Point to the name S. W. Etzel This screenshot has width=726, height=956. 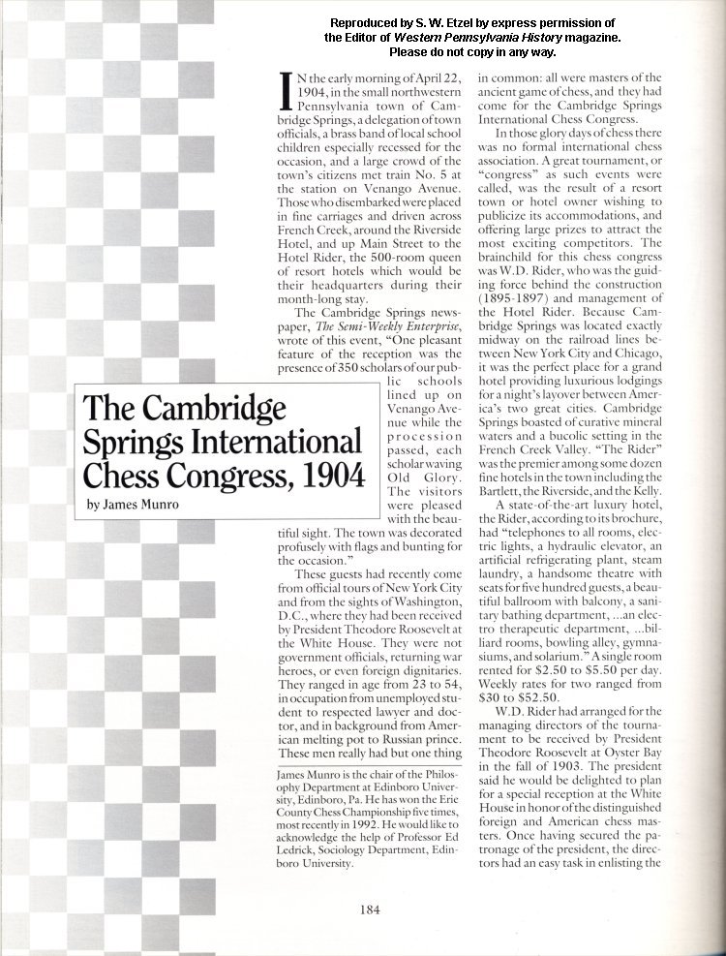tap(444, 22)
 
